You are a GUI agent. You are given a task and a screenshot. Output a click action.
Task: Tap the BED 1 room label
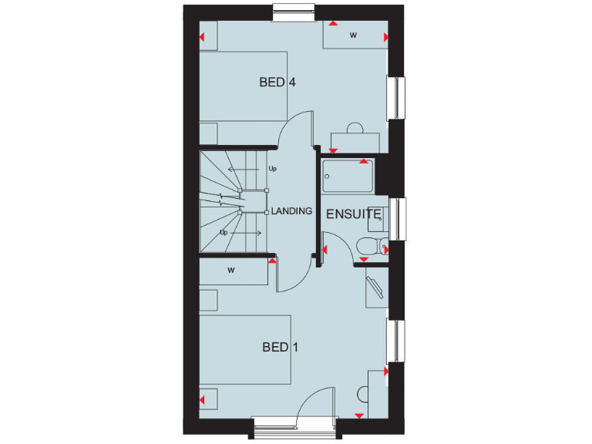(x=280, y=348)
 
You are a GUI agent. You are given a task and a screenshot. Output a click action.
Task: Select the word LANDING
(x=292, y=211)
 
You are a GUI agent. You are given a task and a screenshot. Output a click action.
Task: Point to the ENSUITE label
(x=353, y=214)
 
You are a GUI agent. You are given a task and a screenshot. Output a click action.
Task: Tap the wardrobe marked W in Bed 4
(x=354, y=35)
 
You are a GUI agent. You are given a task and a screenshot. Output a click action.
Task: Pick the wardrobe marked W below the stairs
(x=231, y=271)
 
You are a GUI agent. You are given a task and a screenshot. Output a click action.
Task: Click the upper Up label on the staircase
(x=272, y=168)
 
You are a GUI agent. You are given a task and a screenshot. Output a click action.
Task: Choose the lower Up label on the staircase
(x=224, y=232)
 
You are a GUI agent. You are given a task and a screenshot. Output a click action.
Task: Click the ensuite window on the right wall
(x=399, y=219)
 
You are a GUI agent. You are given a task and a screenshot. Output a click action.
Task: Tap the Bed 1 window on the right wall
(x=399, y=340)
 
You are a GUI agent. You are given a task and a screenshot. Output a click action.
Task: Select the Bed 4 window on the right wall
(x=399, y=98)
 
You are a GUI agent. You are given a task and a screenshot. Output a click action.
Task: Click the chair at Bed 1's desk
(x=363, y=394)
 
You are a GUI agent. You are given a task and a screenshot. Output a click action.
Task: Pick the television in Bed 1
(x=376, y=286)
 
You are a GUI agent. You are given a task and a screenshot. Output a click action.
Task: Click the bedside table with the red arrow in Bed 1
(x=209, y=400)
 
